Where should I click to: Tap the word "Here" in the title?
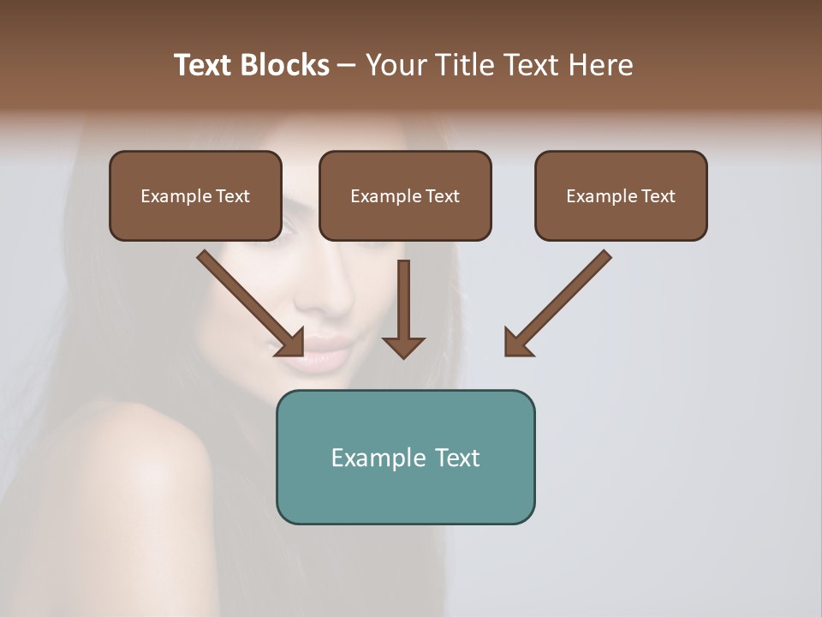pos(601,65)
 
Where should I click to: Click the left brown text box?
pos(195,195)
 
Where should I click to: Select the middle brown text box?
pos(405,195)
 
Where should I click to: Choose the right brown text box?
pos(621,195)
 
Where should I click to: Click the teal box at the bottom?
pos(405,457)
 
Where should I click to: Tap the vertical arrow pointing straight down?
pos(403,308)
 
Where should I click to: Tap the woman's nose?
pos(330,296)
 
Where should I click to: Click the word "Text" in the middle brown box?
pos(442,196)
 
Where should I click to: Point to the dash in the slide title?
pos(347,65)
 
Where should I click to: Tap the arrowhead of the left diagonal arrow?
pos(292,343)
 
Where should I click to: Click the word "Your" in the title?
pos(396,65)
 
